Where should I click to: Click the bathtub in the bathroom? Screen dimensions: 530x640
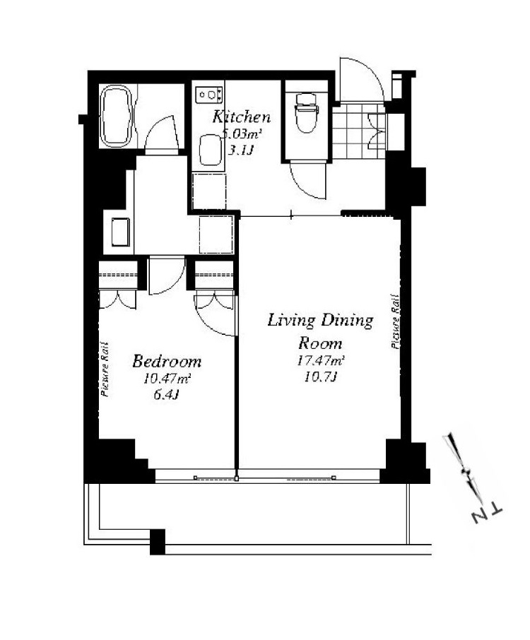pos(117,116)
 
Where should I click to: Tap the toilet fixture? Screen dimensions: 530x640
pos(306,113)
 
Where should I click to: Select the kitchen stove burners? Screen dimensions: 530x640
pos(209,95)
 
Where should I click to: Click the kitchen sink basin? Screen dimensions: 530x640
pos(211,150)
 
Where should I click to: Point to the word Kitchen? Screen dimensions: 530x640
pos(241,117)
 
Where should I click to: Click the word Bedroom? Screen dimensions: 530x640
pos(167,362)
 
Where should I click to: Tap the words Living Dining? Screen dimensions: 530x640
pos(320,321)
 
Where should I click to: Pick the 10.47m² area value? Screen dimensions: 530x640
pos(167,379)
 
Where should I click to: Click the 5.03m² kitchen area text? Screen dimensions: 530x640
pos(241,134)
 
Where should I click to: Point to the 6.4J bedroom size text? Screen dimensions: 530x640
pos(167,395)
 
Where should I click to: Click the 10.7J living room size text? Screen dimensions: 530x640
pos(320,377)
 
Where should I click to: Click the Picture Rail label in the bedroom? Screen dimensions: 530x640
pos(105,369)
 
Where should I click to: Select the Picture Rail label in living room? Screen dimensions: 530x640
pos(395,321)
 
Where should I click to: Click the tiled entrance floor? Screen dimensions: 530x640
pos(358,130)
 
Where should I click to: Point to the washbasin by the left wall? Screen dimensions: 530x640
pos(120,232)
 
